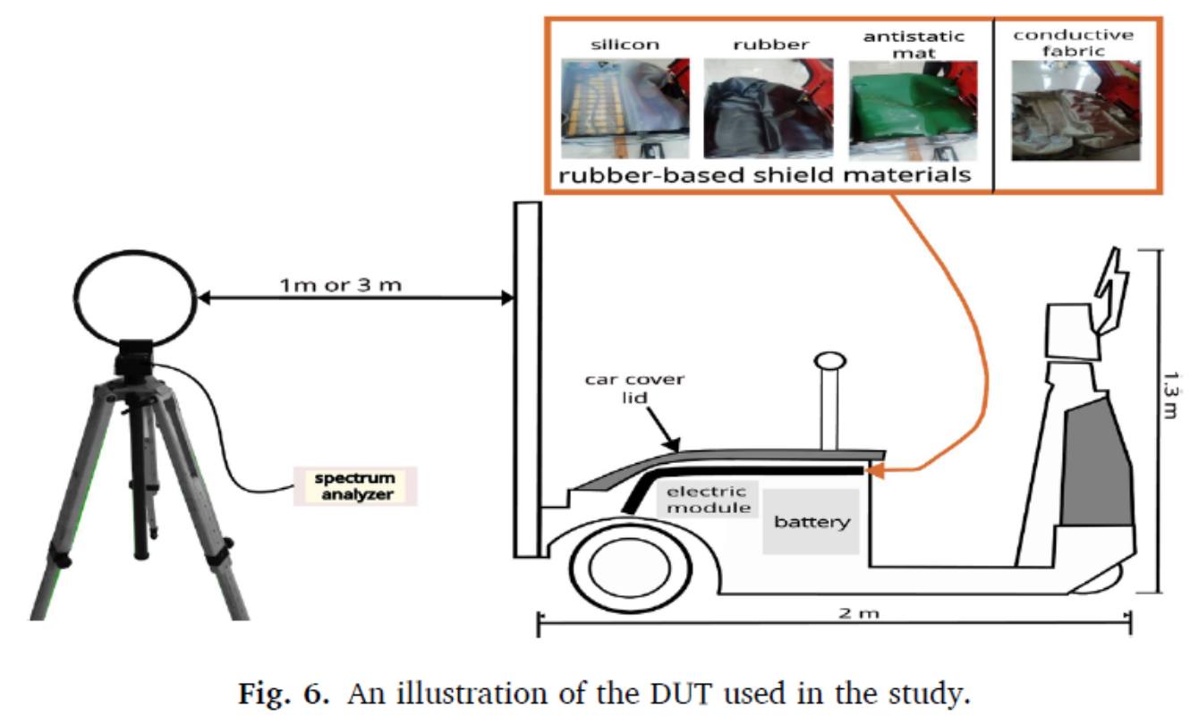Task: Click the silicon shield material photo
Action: (x=625, y=110)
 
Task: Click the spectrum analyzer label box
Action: (x=355, y=485)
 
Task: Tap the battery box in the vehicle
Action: (x=812, y=522)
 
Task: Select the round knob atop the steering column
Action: (x=829, y=361)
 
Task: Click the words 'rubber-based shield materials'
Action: (x=765, y=175)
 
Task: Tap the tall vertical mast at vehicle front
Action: (x=527, y=380)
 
